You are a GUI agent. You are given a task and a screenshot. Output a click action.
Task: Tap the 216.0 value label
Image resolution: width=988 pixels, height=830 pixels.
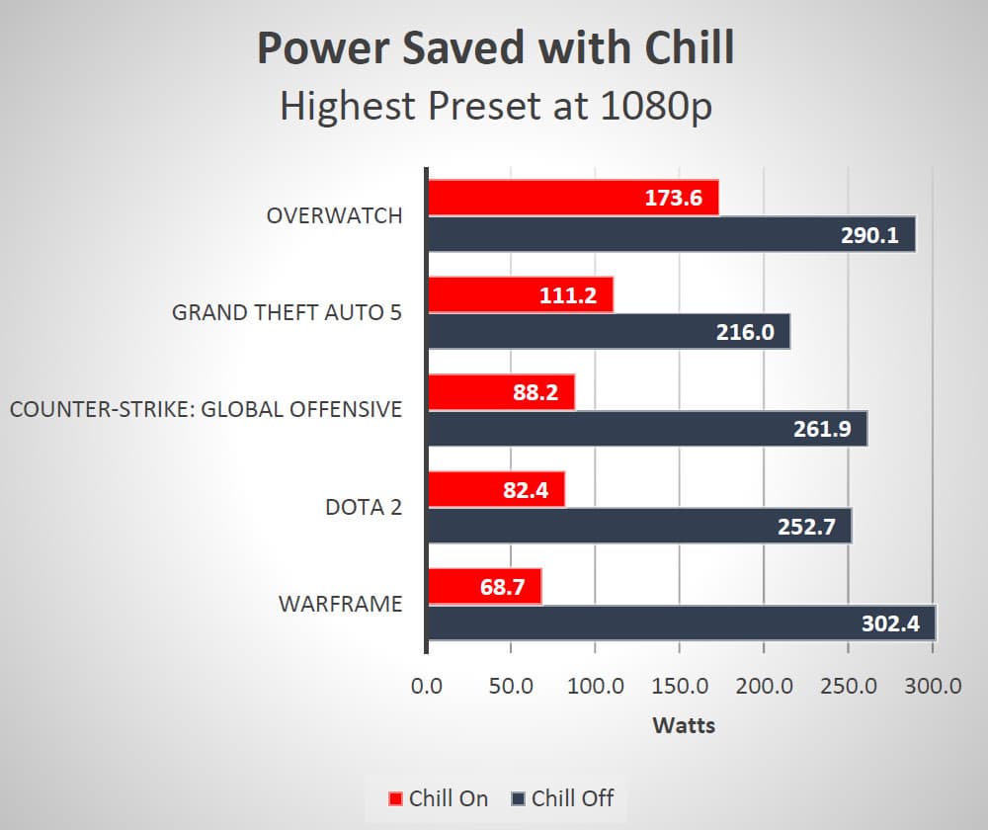pyautogui.click(x=745, y=332)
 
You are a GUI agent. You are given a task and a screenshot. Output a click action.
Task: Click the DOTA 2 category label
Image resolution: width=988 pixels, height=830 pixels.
pyautogui.click(x=364, y=507)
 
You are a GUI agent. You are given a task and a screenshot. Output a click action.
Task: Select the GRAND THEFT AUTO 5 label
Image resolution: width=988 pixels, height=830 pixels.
pyautogui.click(x=287, y=312)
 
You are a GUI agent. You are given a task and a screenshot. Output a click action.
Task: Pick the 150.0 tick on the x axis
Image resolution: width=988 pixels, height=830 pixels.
pyautogui.click(x=680, y=686)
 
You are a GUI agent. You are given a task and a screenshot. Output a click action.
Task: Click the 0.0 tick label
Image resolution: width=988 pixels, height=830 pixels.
pyautogui.click(x=427, y=686)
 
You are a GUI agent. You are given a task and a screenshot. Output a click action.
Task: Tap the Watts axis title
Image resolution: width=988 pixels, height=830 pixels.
pyautogui.click(x=684, y=725)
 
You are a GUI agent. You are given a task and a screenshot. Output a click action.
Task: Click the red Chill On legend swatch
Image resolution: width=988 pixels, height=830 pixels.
pyautogui.click(x=396, y=798)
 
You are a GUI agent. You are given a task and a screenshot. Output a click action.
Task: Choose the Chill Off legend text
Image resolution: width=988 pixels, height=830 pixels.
pyautogui.click(x=572, y=798)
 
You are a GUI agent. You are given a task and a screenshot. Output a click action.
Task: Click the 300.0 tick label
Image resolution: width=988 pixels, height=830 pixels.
pyautogui.click(x=933, y=686)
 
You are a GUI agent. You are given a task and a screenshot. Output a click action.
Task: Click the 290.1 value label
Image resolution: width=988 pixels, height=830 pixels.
pyautogui.click(x=870, y=235)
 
